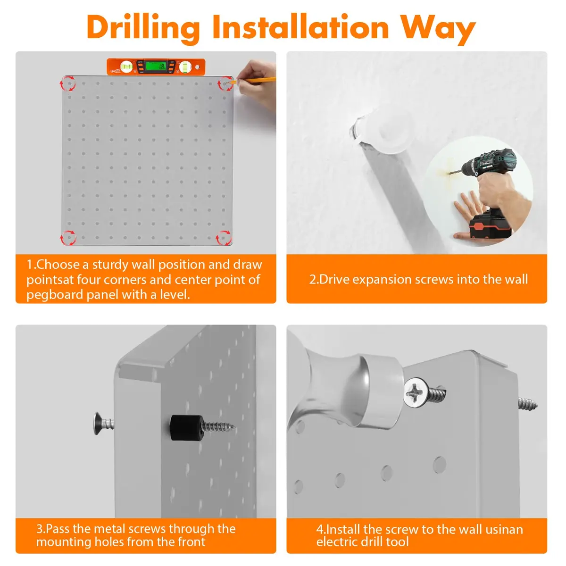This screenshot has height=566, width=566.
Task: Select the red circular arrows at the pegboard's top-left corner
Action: click(68, 83)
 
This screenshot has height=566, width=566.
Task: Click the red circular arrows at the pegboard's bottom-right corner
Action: click(224, 238)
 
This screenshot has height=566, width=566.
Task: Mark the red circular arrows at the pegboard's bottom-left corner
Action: click(68, 238)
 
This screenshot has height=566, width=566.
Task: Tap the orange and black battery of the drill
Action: click(490, 226)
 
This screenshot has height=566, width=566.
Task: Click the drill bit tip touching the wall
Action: click(449, 174)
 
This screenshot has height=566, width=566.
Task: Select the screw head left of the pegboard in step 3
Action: click(99, 423)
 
